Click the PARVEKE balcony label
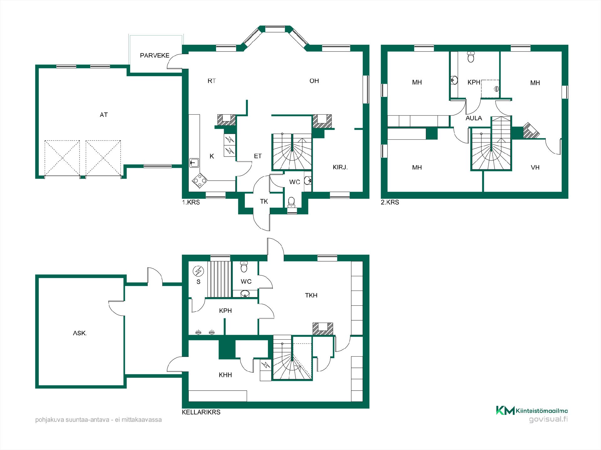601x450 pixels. (155, 56)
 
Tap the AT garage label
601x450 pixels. (104, 115)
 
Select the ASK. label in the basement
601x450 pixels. (80, 333)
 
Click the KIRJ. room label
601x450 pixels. (340, 167)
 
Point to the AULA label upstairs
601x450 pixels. (474, 118)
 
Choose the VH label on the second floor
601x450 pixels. (535, 167)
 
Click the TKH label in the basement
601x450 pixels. (311, 295)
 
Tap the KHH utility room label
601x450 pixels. (225, 375)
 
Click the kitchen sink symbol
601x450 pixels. (194, 162)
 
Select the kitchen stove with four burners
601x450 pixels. (199, 181)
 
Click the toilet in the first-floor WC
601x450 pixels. (291, 202)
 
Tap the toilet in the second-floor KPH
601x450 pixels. (471, 57)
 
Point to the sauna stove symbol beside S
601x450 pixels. (198, 271)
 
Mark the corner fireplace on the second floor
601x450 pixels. (530, 130)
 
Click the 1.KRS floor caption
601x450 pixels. (191, 202)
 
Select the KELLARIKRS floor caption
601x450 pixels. (201, 412)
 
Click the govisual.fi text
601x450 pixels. (548, 420)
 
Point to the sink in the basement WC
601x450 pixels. (245, 294)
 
